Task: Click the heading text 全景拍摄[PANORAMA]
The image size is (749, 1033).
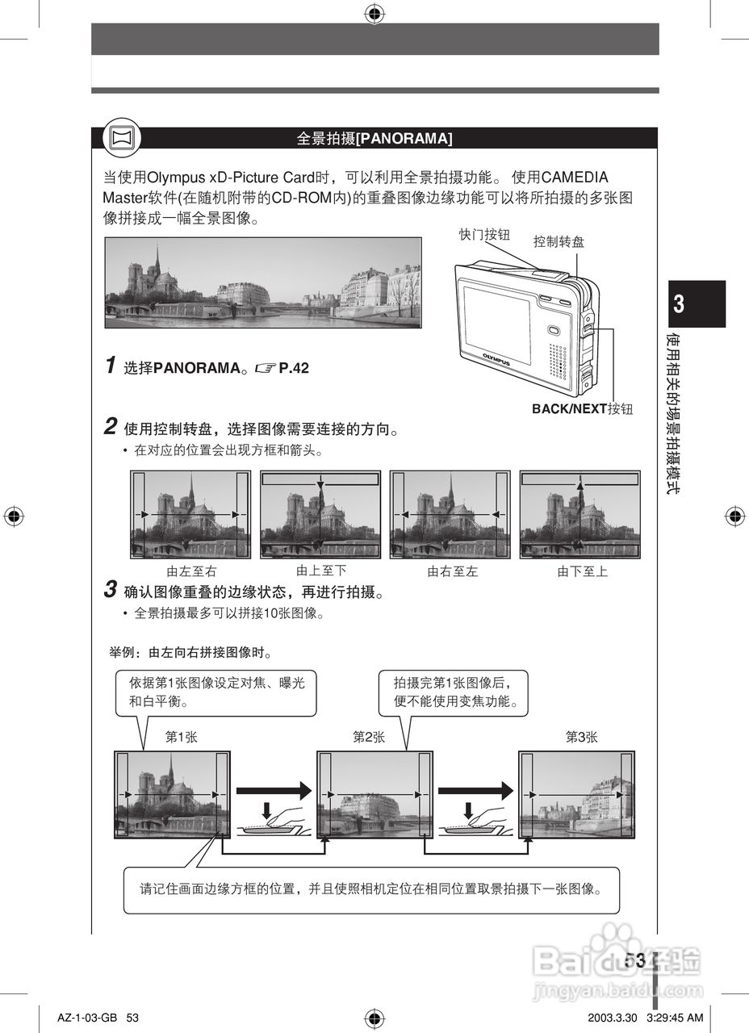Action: (374, 139)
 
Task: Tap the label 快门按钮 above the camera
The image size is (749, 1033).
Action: (484, 234)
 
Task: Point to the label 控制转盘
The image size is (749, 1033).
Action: (559, 240)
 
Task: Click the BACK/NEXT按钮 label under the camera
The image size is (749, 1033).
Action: (582, 409)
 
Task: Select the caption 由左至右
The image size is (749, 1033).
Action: (191, 571)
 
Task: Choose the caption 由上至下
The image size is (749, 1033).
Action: (321, 571)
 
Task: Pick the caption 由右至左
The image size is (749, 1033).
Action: (452, 571)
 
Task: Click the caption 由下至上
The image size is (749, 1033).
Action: (582, 571)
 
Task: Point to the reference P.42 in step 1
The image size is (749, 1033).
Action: (294, 368)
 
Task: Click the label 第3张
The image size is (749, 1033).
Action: (581, 737)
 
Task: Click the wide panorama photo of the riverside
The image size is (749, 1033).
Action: (263, 282)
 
